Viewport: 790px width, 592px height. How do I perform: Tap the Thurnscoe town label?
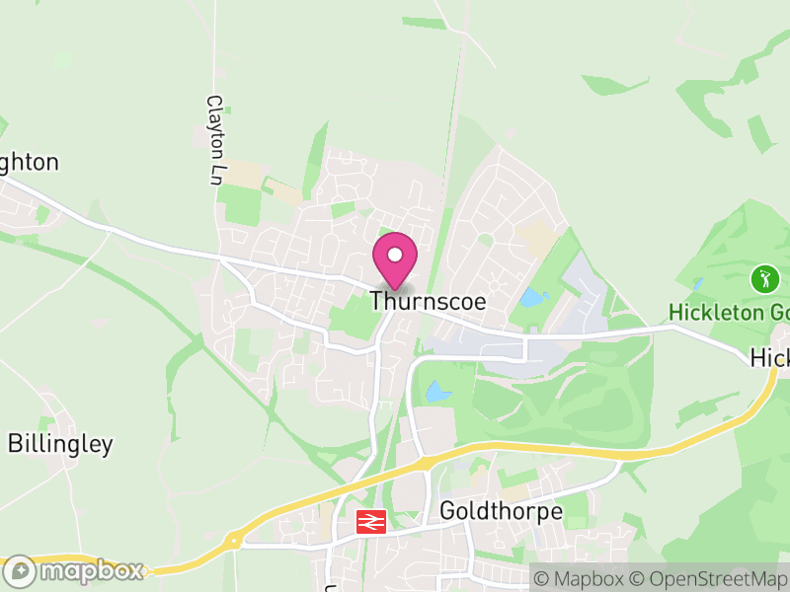coord(429,302)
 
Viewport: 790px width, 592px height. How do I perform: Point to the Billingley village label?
coord(60,444)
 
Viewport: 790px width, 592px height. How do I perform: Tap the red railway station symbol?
coord(371,521)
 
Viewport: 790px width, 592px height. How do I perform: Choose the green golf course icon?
coord(764,278)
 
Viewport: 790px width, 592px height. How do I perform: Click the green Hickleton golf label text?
coord(729,313)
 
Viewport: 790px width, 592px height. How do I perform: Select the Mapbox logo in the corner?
coord(75,571)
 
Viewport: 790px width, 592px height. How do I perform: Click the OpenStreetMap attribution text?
coord(708,577)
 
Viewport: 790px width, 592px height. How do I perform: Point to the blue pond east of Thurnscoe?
coord(532,297)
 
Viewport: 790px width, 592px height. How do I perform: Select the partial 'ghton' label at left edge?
coord(30,163)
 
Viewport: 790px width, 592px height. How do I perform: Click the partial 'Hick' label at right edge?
coord(770,358)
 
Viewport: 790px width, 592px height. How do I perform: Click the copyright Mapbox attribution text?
coord(580,577)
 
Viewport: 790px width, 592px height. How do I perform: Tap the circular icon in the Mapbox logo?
coord(21,571)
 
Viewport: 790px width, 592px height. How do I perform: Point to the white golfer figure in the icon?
coord(764,278)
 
